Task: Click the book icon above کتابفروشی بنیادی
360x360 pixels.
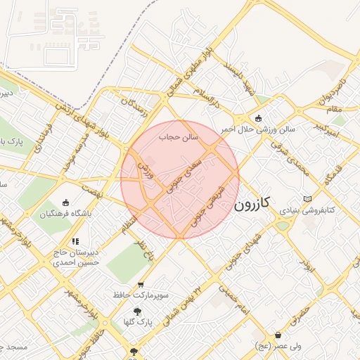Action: tap(307, 199)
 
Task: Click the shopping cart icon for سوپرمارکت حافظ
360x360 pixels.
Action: tap(141, 285)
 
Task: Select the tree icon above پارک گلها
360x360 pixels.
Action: tap(137, 310)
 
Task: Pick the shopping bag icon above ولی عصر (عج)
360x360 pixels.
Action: tap(279, 335)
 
